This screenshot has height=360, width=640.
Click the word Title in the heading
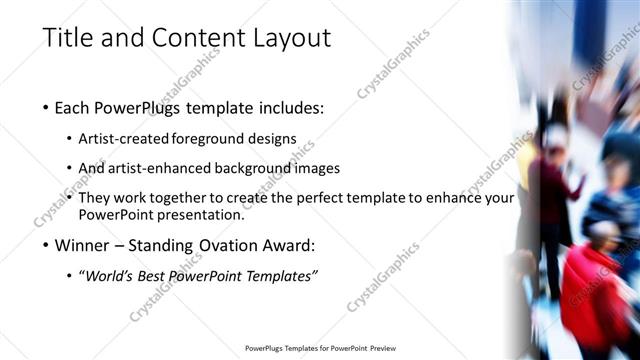click(71, 38)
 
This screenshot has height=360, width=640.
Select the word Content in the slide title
click(190, 38)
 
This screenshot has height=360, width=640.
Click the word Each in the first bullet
click(78, 108)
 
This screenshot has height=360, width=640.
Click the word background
click(261, 168)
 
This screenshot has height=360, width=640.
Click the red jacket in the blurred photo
click(597, 290)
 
